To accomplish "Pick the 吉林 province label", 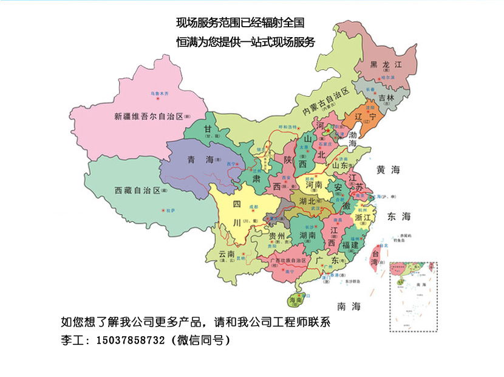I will point(386,97).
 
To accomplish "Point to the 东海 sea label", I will point(399,216).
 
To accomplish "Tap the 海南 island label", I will point(295,300).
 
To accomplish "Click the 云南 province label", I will point(226,254).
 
